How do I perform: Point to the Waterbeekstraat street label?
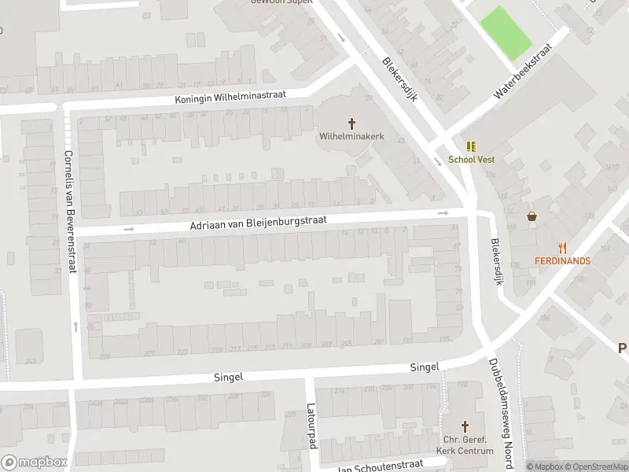tap(523, 71)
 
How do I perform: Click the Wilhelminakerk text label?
tap(351, 136)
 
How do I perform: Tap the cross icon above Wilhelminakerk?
tap(351, 123)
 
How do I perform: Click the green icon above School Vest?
tap(470, 146)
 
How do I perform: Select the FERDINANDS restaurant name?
tap(562, 260)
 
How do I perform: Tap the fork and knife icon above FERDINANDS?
tap(562, 247)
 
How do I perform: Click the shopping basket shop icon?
tap(532, 216)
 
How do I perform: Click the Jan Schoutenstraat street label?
tap(381, 466)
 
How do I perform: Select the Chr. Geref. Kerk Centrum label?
tap(466, 445)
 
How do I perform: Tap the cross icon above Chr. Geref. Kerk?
tap(465, 424)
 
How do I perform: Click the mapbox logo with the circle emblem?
tap(34, 463)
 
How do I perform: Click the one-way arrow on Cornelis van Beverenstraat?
tap(75, 326)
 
